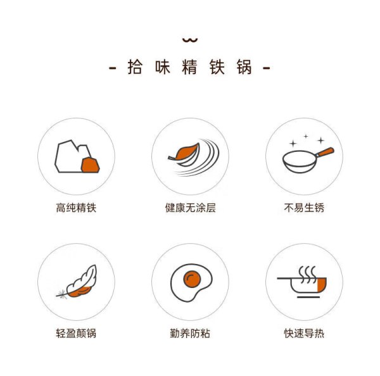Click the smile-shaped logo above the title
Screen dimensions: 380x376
point(190,41)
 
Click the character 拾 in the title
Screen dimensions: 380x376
point(135,67)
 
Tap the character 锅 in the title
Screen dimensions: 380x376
point(244,67)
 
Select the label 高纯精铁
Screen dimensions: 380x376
point(76,208)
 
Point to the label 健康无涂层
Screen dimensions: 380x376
point(190,208)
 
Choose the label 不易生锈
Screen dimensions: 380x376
point(304,208)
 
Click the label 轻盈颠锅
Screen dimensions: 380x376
point(76,334)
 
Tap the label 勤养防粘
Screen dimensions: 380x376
point(190,334)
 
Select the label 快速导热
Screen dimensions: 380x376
point(304,334)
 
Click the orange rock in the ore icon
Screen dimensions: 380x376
point(90,165)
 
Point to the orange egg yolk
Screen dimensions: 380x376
point(192,279)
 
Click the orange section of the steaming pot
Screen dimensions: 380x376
point(322,285)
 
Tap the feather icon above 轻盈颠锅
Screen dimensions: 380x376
point(77,282)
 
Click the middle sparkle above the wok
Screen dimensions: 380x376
point(306,136)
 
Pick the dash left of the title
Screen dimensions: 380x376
point(113,68)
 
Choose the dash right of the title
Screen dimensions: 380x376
point(267,68)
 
